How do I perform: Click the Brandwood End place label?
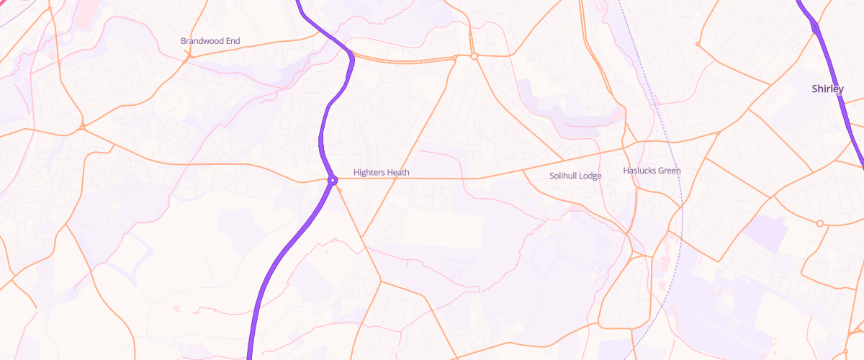pos(210,41)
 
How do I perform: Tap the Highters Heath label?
pos(381,172)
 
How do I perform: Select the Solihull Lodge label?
pos(575,176)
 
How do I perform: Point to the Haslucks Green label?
pos(651,171)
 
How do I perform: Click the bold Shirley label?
pos(827,89)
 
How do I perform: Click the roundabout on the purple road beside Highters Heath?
pos(333,179)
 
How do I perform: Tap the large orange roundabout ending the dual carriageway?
pos(474,56)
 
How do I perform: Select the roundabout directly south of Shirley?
pos(819,224)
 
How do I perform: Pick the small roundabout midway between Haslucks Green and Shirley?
pos(718,133)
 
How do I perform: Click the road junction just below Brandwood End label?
pos(186,58)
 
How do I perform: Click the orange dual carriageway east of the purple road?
pos(403,60)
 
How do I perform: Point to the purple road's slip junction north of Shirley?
pos(814,27)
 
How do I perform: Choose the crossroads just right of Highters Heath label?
pos(396,178)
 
